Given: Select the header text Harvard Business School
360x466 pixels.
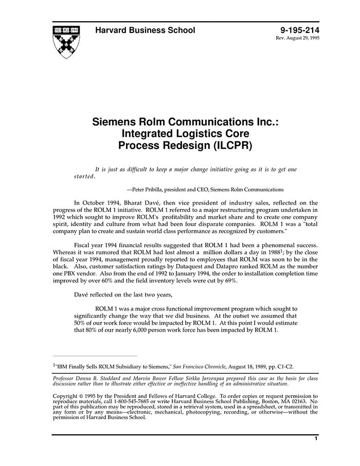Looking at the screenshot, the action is (145, 30).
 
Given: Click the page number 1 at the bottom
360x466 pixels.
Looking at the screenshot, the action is (315, 439).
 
